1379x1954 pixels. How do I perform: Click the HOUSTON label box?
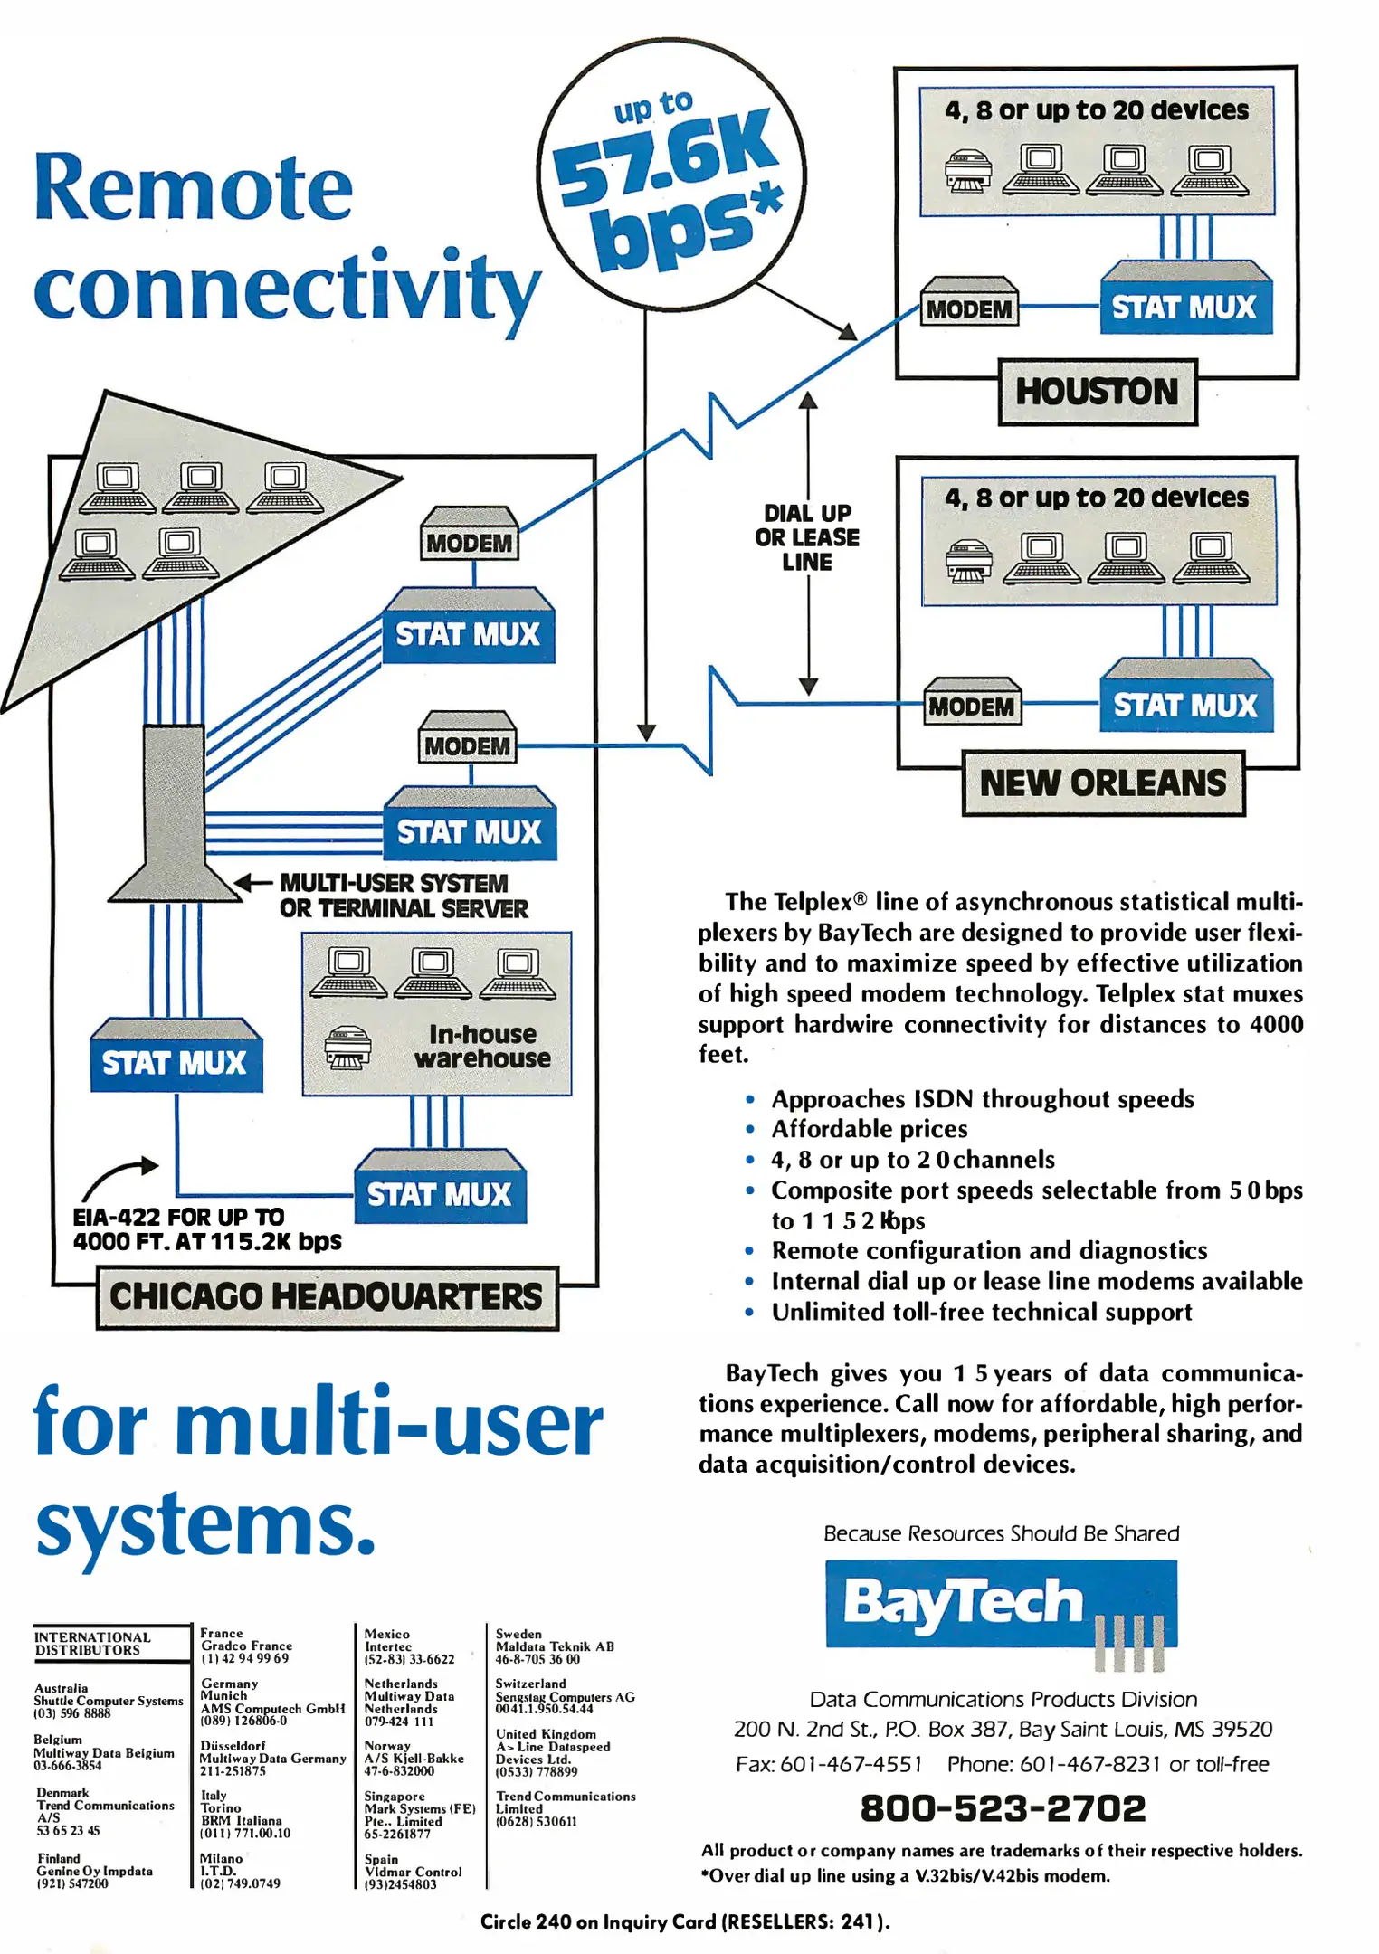coord(1097,392)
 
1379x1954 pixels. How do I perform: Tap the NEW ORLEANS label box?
coord(1102,783)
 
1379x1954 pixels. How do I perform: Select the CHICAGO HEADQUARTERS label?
coord(327,1296)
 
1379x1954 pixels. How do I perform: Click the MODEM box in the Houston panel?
coord(969,308)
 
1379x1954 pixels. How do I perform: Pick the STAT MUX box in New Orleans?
coord(1185,705)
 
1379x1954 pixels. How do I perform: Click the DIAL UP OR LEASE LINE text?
coord(807,537)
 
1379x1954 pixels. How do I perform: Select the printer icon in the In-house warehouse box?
coord(348,1048)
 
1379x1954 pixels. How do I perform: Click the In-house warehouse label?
coord(482,1046)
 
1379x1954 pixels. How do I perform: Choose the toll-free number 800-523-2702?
coord(1003,1807)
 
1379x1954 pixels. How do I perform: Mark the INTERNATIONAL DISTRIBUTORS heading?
coord(92,1643)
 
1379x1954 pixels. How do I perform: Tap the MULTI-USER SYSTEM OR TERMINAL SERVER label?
coord(403,896)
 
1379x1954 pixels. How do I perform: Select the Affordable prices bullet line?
coord(869,1129)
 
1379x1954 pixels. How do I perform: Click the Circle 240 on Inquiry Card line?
coord(685,1921)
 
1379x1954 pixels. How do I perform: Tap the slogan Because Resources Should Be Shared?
coord(1001,1533)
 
